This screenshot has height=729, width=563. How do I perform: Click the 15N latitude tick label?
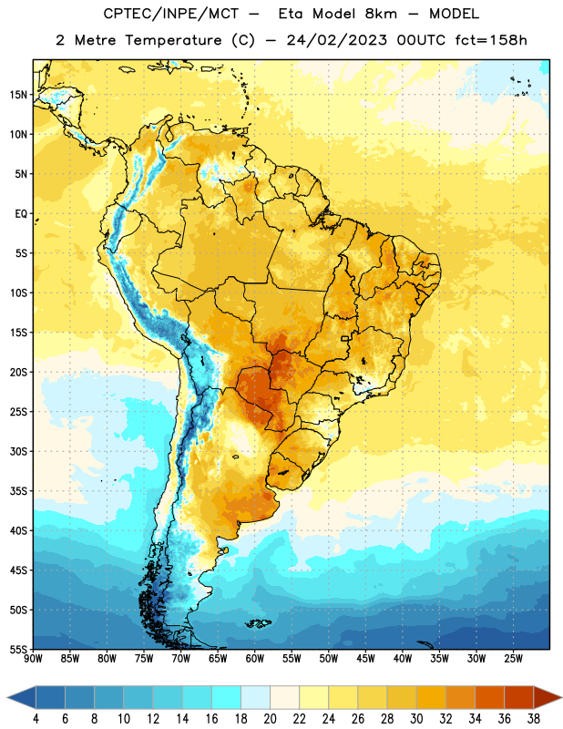tap(18, 95)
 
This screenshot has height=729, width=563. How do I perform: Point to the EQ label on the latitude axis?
tap(21, 214)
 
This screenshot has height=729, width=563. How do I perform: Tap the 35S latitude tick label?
tap(18, 491)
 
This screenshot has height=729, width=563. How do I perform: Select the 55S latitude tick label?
tap(18, 649)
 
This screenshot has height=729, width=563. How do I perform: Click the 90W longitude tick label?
tap(33, 659)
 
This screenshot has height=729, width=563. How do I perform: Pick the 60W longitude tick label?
tap(255, 659)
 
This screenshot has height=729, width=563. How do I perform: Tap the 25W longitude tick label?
tap(513, 659)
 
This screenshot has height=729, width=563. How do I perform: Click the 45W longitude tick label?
tap(365, 659)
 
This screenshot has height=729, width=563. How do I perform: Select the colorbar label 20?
tap(270, 719)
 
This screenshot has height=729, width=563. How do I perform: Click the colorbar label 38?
tap(534, 719)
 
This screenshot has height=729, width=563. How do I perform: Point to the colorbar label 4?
tap(36, 719)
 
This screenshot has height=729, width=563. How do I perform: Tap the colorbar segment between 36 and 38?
tap(519, 698)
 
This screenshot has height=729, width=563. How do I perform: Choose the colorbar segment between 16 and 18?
tap(227, 698)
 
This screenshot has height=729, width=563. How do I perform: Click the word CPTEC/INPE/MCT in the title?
tap(171, 15)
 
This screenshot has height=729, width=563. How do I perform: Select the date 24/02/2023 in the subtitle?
tap(336, 40)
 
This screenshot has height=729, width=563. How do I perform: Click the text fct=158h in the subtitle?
tap(491, 40)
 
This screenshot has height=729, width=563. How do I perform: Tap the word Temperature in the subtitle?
tap(173, 40)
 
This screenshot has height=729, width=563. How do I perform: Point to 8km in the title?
tap(381, 15)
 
